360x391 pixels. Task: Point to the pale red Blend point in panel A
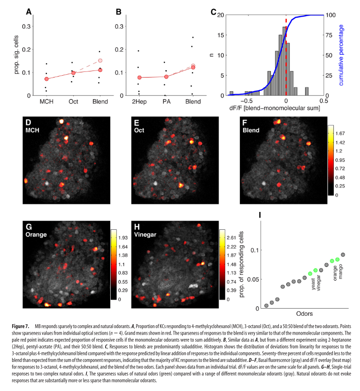click(x=100, y=61)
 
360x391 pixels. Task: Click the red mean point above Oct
click(x=73, y=73)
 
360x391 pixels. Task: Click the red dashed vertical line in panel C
click(x=286, y=56)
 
